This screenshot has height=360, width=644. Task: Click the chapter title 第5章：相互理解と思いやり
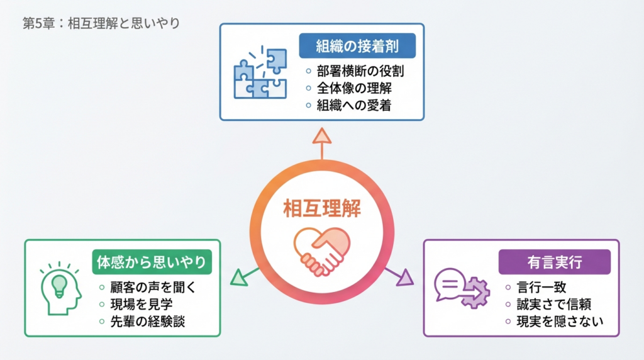[x=101, y=24]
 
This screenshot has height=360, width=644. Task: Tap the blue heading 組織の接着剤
[x=357, y=46]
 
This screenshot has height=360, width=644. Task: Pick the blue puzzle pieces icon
[x=260, y=72]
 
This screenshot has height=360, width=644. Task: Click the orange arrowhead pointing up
[x=321, y=135]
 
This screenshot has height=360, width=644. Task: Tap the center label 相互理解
[x=322, y=208]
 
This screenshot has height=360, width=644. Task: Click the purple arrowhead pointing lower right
[x=405, y=277]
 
